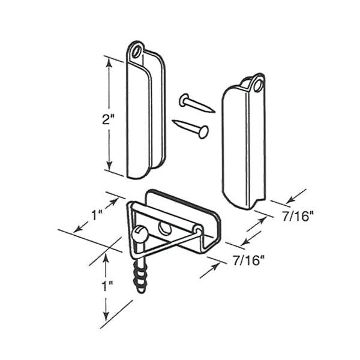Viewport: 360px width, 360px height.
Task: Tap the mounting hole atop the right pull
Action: point(259,85)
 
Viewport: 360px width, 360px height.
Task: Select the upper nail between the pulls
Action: point(196,103)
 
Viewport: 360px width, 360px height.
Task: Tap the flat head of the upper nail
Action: point(182,98)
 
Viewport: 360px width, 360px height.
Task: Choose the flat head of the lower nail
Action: point(204,131)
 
